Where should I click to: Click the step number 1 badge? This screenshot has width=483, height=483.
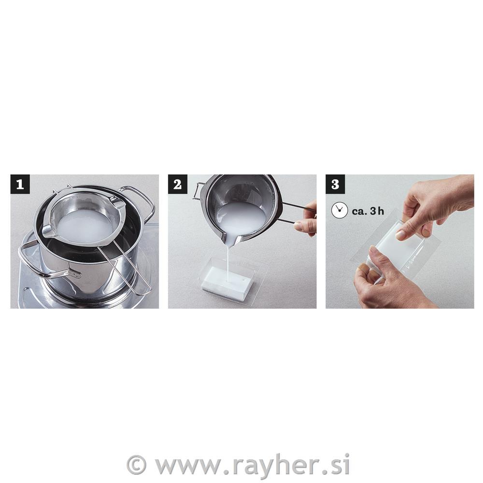point(20,184)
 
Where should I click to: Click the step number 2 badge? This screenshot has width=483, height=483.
point(177,184)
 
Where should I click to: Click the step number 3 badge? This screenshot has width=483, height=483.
point(335,184)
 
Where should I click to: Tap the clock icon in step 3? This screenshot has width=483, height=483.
point(340,211)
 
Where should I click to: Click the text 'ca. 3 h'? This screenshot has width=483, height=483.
point(368,211)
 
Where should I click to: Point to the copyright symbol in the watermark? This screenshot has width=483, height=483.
point(136,465)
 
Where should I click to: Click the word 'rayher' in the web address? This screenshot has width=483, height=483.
point(273,465)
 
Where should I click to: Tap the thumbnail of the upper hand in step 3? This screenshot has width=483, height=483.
point(400,235)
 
